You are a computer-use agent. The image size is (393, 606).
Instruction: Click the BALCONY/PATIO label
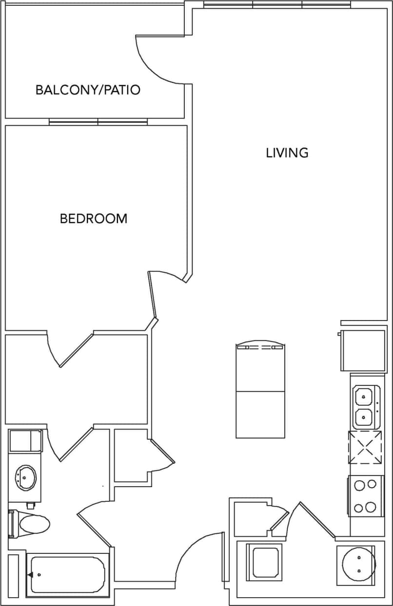(88, 90)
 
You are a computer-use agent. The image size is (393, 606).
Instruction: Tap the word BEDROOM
(94, 219)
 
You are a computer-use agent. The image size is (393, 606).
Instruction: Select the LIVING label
(287, 153)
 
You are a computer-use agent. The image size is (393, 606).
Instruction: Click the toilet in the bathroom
(32, 524)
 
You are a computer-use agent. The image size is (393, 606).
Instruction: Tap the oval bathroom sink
(26, 475)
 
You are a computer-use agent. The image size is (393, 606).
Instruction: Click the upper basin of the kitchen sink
(364, 396)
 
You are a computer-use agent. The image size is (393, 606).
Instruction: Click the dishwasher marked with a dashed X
(365, 448)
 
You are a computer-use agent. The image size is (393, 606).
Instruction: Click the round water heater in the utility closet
(358, 564)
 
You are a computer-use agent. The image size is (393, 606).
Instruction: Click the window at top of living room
(277, 5)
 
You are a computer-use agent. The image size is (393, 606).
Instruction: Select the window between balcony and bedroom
(98, 122)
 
